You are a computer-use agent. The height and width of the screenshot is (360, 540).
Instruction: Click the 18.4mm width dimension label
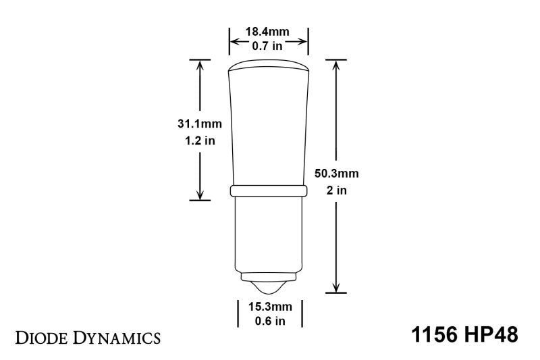(x=269, y=32)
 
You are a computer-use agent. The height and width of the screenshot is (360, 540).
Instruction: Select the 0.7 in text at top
(x=269, y=45)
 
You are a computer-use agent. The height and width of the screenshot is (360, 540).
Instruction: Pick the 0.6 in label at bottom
(x=269, y=321)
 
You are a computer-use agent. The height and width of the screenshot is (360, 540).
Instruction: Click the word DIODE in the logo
(x=45, y=336)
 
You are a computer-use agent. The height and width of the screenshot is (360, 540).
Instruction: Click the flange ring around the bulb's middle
(x=269, y=191)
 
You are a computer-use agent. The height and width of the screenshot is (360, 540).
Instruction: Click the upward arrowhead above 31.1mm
(x=200, y=64)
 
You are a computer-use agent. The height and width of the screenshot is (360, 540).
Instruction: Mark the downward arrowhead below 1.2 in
(x=200, y=195)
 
